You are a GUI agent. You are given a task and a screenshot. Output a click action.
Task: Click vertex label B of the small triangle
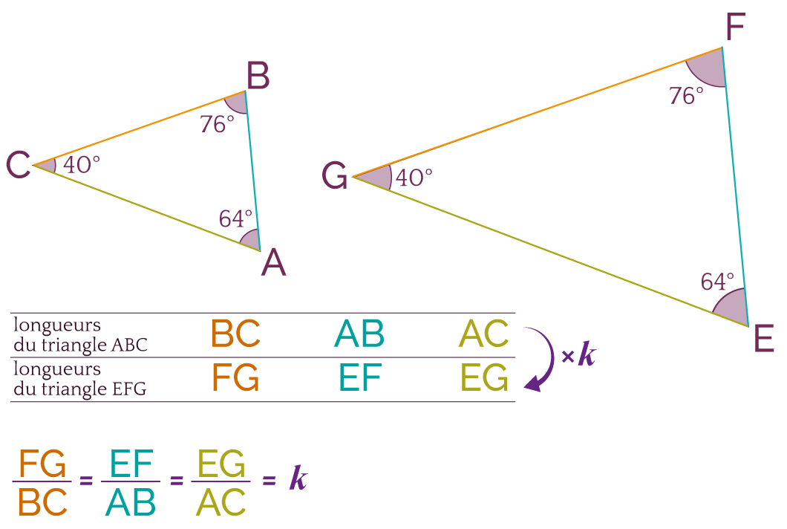[258, 77]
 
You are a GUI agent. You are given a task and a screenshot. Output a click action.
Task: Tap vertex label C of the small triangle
[18, 165]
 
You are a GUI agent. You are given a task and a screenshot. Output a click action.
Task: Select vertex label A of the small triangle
[273, 263]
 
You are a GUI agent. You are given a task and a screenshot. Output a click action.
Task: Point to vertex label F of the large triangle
[734, 29]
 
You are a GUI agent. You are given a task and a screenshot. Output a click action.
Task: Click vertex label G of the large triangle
[335, 177]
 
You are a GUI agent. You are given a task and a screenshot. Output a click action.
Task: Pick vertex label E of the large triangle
[764, 339]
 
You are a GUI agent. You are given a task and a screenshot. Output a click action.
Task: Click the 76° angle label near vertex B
[217, 124]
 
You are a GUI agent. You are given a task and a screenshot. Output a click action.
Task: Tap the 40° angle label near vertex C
[82, 164]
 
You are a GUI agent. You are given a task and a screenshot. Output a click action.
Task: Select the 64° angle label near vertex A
[235, 218]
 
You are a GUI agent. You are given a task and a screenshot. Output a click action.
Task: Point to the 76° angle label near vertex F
[686, 96]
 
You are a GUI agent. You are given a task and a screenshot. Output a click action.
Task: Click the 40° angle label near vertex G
[414, 178]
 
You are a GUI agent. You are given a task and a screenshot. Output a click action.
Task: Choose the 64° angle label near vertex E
[717, 282]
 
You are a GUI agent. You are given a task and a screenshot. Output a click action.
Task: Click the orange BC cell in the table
[236, 334]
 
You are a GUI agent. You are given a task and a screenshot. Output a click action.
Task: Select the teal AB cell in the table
[359, 334]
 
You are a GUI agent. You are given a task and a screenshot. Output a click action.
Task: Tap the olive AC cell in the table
[484, 334]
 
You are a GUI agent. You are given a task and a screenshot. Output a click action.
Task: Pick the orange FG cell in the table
[235, 377]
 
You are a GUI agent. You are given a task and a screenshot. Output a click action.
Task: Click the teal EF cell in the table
[359, 377]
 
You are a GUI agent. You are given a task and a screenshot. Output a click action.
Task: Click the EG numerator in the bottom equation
[221, 466]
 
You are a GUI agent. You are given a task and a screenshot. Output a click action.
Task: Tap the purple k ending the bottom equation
[298, 479]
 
